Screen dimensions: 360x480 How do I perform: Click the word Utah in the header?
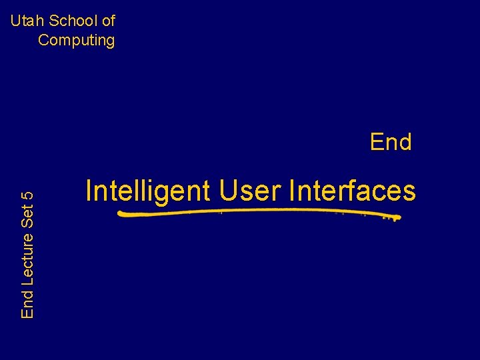coord(25,21)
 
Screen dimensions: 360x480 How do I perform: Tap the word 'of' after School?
coord(108,21)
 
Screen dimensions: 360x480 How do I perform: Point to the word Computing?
coord(76,40)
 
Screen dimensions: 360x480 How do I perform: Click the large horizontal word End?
coord(391,142)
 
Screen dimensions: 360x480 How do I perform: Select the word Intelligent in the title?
coord(148,191)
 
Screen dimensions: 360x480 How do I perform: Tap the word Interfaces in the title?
coord(353,191)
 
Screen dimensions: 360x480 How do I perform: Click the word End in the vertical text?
coord(28,304)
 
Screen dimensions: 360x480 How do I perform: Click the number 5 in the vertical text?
coord(28,196)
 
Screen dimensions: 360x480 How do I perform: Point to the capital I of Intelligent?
coord(89,191)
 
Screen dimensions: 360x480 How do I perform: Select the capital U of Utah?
coord(15,21)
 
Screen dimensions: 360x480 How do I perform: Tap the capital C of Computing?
coord(44,40)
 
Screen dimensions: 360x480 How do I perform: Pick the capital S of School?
coord(51,21)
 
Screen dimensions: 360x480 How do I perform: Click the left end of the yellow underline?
coord(119,213)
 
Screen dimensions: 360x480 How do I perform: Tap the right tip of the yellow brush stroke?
coord(398,218)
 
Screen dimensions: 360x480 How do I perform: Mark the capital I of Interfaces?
coord(293,191)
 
